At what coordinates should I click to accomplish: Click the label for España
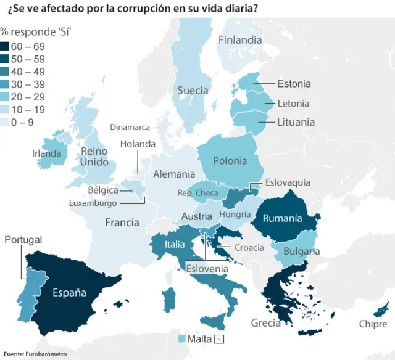[x=69, y=292]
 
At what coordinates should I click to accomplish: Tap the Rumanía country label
[x=282, y=218]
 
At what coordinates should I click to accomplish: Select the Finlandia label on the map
[x=239, y=40]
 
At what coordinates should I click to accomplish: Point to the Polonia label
[x=230, y=161]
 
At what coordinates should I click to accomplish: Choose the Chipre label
[x=372, y=324]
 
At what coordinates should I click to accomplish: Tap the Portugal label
[x=23, y=240]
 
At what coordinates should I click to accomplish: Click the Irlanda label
[x=47, y=153]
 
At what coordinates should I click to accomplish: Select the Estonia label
[x=294, y=84]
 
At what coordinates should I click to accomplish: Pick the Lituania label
[x=296, y=122]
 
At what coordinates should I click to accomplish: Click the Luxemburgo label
[x=93, y=203]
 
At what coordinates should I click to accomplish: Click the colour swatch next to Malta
[x=181, y=339]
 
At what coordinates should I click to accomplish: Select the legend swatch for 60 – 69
[x=5, y=46]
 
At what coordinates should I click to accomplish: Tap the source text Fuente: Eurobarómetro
[x=35, y=354]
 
